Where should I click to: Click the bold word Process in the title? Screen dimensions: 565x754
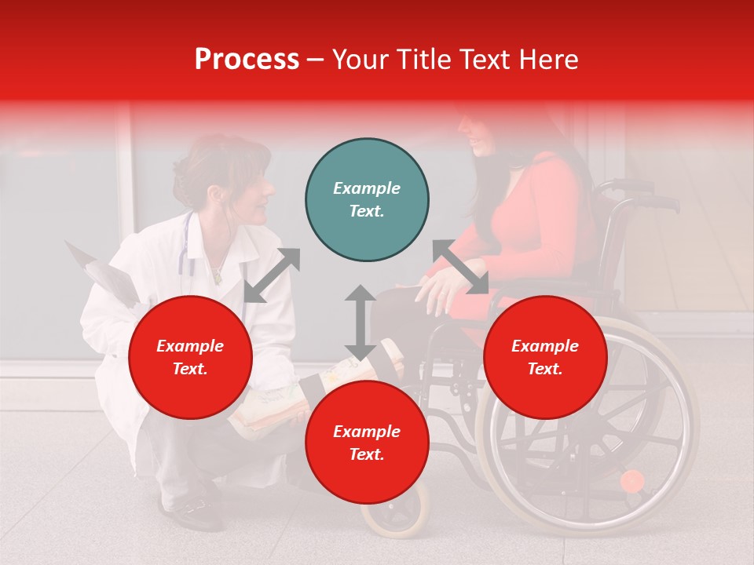tap(247, 59)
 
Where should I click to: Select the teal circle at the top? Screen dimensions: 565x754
tap(367, 200)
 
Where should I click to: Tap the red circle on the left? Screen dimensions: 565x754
tap(190, 357)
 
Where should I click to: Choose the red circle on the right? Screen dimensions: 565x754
tap(545, 357)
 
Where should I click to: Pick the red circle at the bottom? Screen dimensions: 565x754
tap(367, 443)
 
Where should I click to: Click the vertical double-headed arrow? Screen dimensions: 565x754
tap(360, 323)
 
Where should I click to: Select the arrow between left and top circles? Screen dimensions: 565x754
tap(272, 275)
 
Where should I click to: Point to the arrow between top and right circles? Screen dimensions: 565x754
tap(460, 268)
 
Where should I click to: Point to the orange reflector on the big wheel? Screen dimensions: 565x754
tap(631, 480)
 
